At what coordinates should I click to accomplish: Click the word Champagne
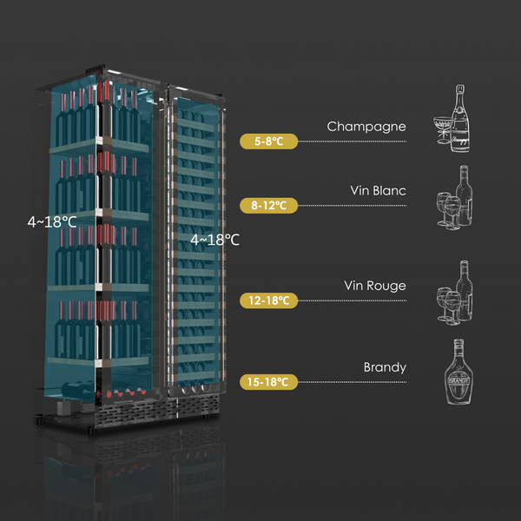[x=366, y=127]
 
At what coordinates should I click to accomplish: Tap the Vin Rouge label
[x=374, y=286]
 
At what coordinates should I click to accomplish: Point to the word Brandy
[x=385, y=367]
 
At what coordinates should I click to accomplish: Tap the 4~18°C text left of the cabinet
[x=51, y=221]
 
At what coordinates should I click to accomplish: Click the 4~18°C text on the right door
[x=214, y=239]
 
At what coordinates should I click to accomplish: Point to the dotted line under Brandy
[x=352, y=381]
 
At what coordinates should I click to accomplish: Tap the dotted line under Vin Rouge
[x=352, y=300]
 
